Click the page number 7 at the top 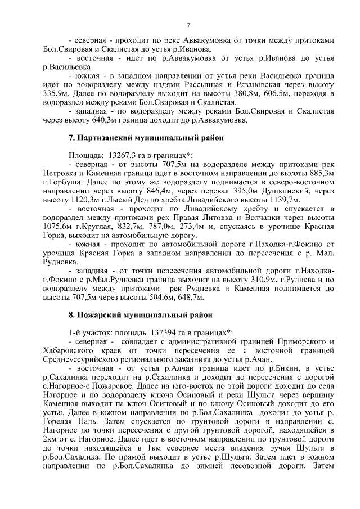pyautogui.click(x=188, y=24)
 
